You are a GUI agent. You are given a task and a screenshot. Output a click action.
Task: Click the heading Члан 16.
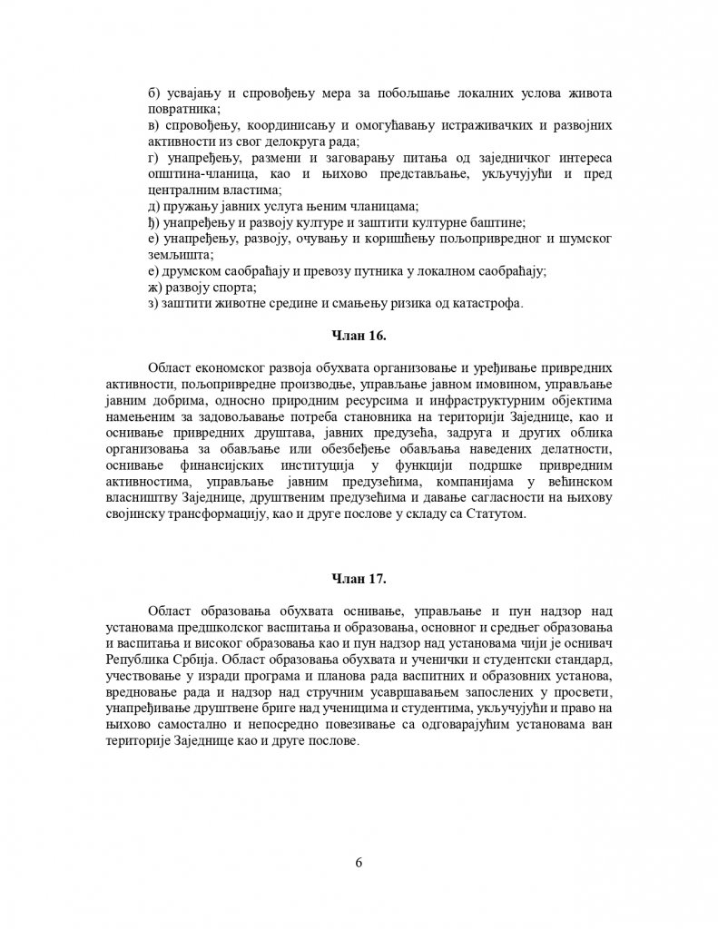[x=359, y=337]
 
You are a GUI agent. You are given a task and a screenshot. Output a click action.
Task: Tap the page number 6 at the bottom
[x=359, y=862]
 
